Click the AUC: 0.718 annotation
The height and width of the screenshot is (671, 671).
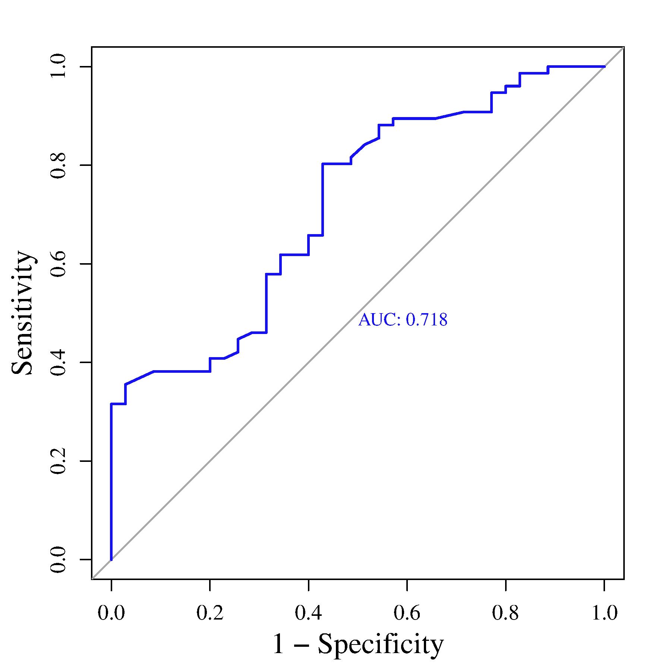(403, 320)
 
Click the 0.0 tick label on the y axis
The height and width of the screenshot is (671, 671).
(58, 560)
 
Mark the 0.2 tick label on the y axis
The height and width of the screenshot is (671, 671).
(58, 461)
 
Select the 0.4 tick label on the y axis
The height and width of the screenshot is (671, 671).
(58, 362)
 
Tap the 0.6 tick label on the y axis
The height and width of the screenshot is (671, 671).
(58, 264)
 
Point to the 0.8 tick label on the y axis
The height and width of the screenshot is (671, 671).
(58, 165)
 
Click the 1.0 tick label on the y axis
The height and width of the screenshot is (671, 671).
(58, 66)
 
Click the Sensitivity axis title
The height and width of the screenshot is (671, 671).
(23, 313)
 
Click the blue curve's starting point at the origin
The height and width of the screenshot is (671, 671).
(111, 559)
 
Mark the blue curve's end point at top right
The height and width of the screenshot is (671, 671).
(604, 67)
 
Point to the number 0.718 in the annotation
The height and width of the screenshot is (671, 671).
(426, 320)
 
